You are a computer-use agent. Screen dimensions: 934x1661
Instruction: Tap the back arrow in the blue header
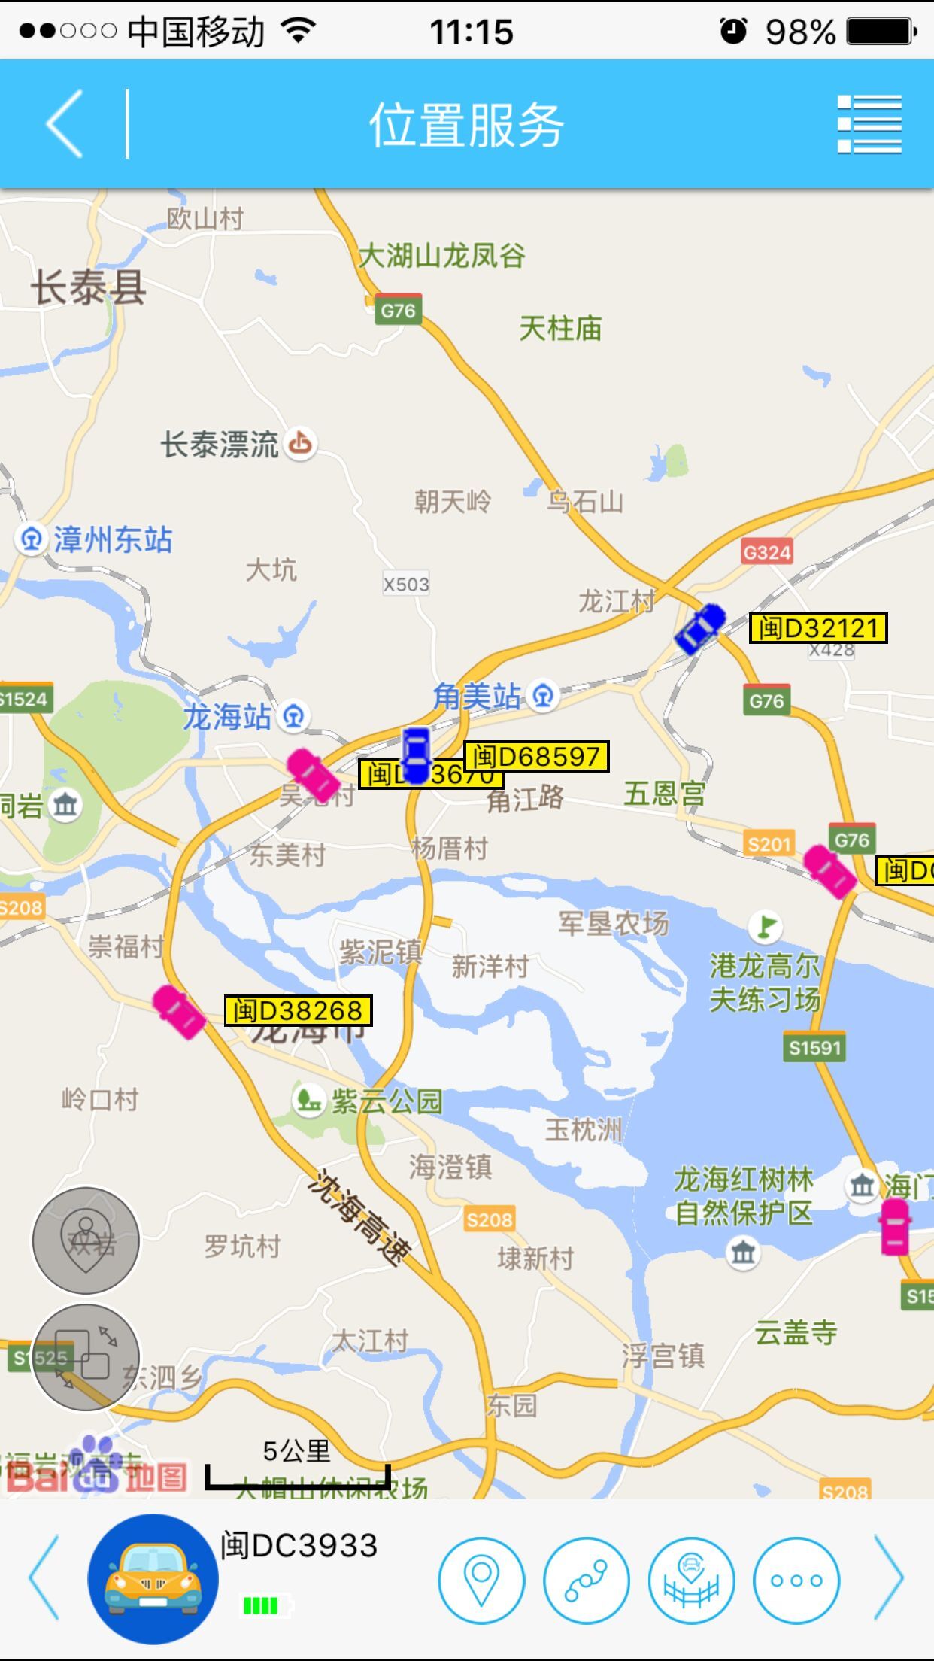(65, 124)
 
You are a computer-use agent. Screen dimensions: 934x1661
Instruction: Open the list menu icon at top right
(869, 124)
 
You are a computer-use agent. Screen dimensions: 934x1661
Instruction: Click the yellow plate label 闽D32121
(818, 628)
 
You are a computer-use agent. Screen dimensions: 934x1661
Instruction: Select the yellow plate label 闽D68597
(536, 756)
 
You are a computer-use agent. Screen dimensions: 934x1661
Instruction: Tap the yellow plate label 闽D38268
(298, 1010)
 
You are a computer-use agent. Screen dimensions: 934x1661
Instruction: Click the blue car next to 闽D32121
(700, 628)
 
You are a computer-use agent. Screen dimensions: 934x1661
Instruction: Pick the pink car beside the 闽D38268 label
(179, 1013)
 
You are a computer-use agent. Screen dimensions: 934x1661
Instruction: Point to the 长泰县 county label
(88, 288)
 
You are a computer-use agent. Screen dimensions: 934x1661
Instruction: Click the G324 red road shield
(766, 553)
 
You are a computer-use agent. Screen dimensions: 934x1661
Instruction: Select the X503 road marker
(406, 584)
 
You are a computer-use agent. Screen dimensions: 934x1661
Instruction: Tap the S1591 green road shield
(814, 1047)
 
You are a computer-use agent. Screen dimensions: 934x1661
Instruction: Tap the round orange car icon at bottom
(153, 1578)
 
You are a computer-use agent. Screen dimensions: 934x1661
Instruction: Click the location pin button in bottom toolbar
(481, 1580)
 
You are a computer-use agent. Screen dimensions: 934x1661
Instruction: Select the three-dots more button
(796, 1580)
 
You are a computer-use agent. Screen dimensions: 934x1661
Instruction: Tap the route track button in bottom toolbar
(587, 1580)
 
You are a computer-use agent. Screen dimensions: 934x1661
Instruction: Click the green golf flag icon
(766, 926)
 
